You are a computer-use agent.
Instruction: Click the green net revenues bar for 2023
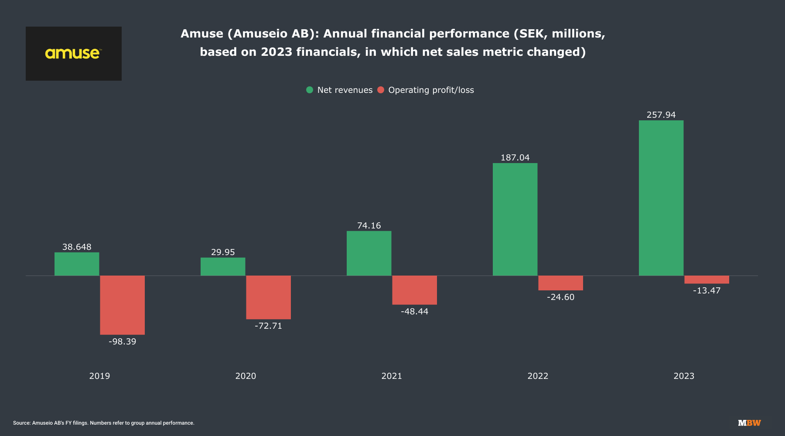tap(661, 198)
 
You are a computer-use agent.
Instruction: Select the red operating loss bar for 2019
tap(122, 305)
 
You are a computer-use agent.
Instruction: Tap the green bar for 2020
tap(223, 266)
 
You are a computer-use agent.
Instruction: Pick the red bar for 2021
tap(414, 290)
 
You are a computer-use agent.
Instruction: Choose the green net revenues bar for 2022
tap(515, 219)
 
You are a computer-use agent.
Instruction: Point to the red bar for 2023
tap(706, 279)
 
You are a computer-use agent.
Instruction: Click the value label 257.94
tap(661, 115)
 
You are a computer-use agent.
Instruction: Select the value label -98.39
tap(122, 342)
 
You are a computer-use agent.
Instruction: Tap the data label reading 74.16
tap(369, 226)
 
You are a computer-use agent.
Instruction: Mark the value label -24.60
tap(560, 297)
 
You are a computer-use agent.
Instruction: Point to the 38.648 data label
tap(77, 247)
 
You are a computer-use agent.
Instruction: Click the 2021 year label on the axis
tap(392, 376)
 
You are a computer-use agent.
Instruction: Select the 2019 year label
tap(99, 376)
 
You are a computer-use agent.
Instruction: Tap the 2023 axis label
tap(684, 376)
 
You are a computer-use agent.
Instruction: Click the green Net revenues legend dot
tap(310, 90)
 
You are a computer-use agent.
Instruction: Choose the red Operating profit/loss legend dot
tap(381, 90)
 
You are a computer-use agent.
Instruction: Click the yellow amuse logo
tap(73, 54)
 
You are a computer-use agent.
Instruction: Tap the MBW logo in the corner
tap(749, 423)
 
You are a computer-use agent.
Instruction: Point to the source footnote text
tap(104, 423)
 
